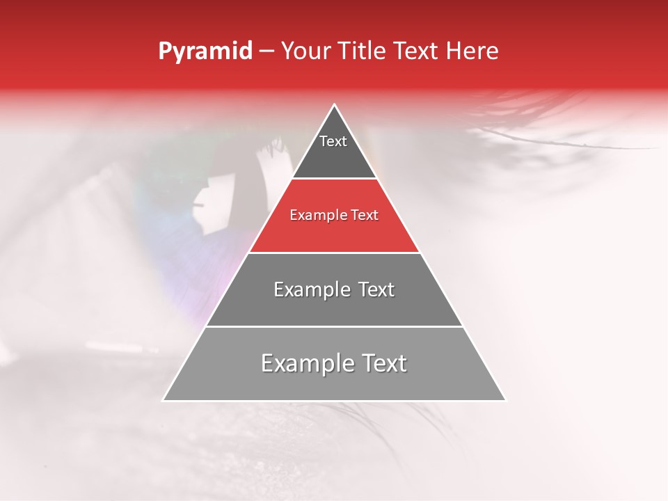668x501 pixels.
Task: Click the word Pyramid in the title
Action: [205, 51]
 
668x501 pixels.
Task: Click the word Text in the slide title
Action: [418, 51]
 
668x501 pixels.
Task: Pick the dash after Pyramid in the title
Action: [267, 52]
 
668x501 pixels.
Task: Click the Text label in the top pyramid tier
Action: [333, 141]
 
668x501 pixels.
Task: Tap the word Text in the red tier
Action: [364, 216]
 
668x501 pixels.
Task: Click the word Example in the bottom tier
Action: [302, 363]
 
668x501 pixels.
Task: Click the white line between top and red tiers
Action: [334, 179]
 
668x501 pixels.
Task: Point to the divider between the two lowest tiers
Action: [334, 326]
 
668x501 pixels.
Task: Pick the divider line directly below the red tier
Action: [334, 253]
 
